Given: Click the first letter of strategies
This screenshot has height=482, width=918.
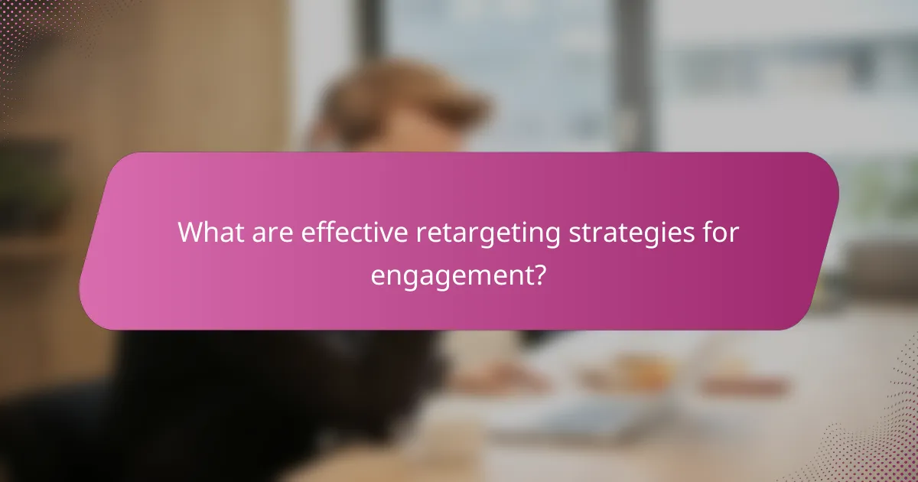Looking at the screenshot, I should pyautogui.click(x=573, y=234).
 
